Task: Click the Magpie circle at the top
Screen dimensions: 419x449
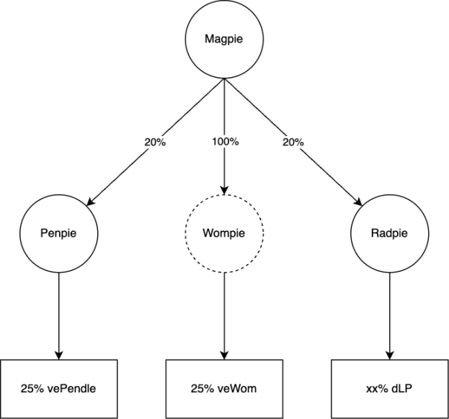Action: [x=224, y=42]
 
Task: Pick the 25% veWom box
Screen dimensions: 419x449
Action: [x=224, y=388]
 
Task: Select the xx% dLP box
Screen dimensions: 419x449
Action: [x=391, y=388]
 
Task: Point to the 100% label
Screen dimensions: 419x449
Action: [x=225, y=142]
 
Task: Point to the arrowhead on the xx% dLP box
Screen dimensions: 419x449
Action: [x=391, y=355]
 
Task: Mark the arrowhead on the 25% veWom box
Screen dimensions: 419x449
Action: [x=224, y=355]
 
